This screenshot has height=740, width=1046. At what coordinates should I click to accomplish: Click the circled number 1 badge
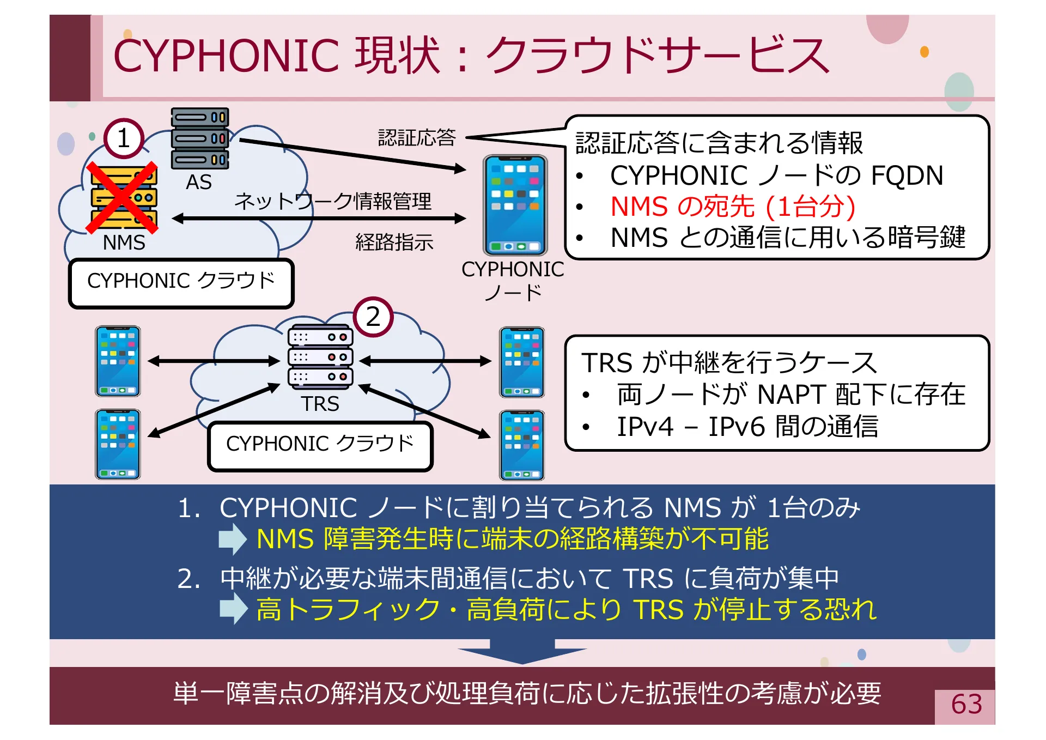[124, 138]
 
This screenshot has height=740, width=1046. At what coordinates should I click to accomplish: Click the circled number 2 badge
[373, 317]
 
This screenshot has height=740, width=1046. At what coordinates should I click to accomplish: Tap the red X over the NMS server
[123, 198]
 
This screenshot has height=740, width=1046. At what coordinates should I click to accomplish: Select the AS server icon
[200, 138]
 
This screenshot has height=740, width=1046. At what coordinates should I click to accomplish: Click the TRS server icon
[320, 357]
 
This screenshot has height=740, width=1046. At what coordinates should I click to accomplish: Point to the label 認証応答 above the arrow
[417, 138]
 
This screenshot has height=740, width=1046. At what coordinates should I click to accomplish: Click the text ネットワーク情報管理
[333, 201]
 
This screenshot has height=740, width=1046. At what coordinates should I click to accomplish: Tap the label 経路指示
[394, 242]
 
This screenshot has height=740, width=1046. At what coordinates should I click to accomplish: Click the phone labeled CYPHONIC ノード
[515, 205]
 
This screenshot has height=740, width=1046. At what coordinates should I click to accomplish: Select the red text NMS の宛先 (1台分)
[733, 207]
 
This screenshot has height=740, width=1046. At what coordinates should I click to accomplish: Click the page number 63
[966, 705]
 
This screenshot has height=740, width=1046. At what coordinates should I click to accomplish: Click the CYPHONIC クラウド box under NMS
[181, 282]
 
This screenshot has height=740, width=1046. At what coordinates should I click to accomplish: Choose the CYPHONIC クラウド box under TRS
[320, 445]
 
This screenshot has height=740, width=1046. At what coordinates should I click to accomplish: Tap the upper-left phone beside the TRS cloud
[118, 361]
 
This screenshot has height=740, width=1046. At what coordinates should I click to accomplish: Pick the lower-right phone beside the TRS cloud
[522, 445]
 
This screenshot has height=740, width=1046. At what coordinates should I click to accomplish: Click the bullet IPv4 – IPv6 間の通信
[747, 427]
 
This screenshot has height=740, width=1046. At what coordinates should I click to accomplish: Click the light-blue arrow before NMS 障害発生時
[233, 539]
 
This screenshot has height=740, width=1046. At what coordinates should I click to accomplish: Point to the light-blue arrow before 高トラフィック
[233, 608]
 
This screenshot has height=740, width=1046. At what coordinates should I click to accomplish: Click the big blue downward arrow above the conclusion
[522, 651]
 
